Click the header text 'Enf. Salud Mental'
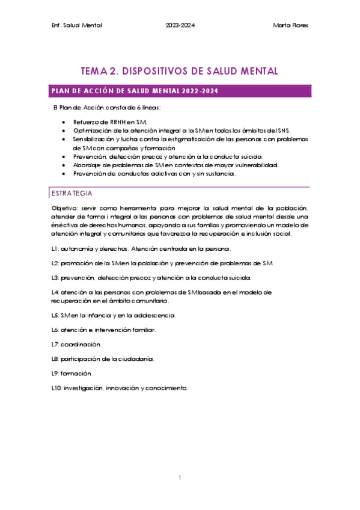78,25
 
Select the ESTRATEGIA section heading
72,193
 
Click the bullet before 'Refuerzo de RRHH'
64,122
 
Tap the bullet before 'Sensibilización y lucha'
64,139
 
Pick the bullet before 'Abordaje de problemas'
64,165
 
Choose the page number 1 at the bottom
180,478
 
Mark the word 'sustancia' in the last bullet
220,174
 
